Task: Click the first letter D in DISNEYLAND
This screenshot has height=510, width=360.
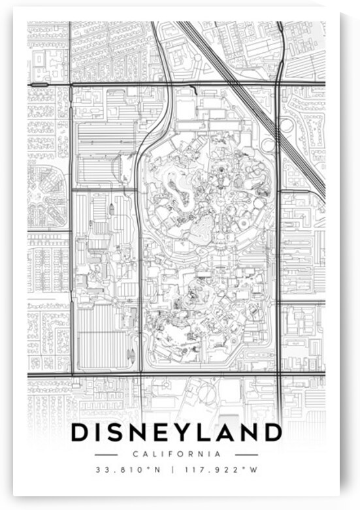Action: [x=80, y=433]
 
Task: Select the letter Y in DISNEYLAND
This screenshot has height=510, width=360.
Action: [x=185, y=433]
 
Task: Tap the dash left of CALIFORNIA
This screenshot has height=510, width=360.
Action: [x=106, y=454]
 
